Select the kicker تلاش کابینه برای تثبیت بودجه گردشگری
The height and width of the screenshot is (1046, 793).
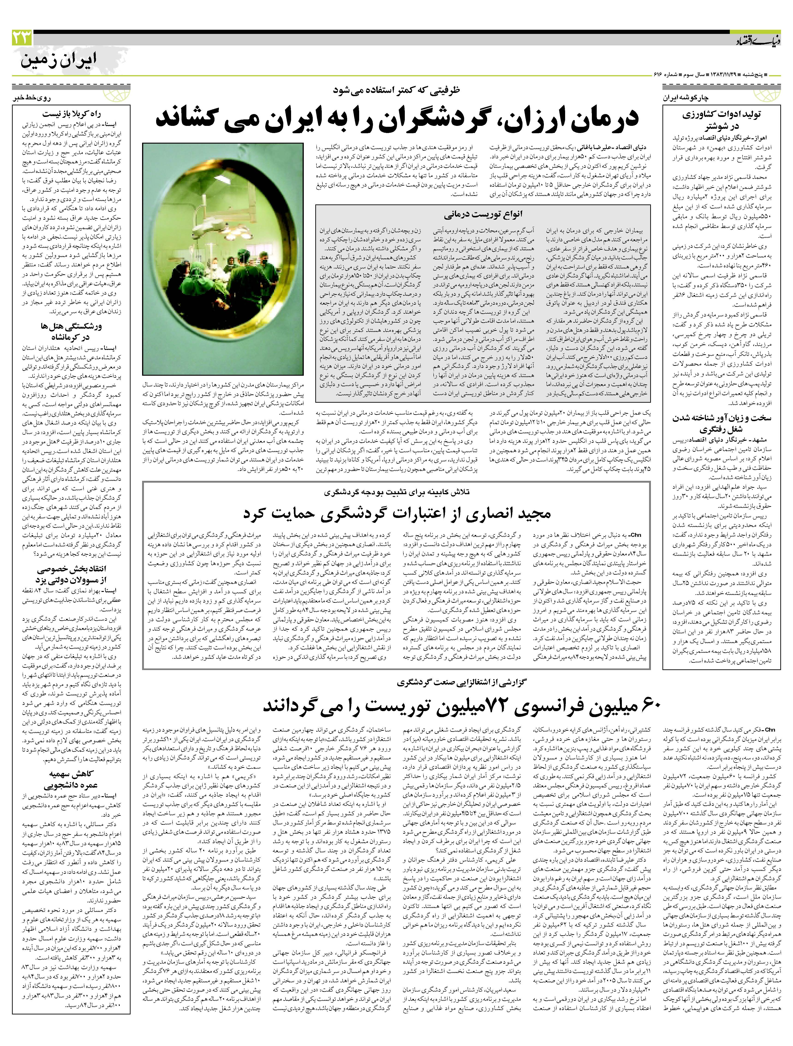pyautogui.click(x=396, y=492)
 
